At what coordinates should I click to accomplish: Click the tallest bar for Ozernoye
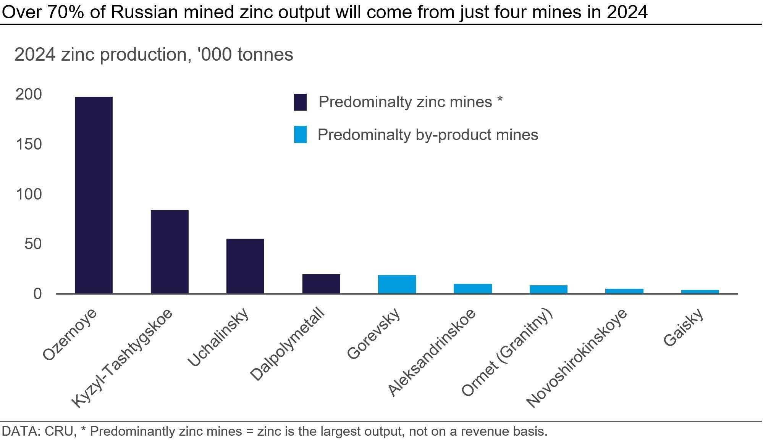point(94,195)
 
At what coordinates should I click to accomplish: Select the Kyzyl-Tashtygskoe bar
point(170,252)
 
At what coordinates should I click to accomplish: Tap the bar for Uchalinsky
point(245,266)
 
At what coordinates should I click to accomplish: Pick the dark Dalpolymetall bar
point(321,284)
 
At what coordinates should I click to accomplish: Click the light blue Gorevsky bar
point(397,284)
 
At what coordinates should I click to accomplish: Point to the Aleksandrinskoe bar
point(473,289)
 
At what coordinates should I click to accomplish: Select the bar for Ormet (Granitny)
point(548,290)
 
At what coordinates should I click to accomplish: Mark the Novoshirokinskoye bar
point(624,291)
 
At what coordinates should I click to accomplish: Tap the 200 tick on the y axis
point(29,95)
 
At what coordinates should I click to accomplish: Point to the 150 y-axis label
point(29,145)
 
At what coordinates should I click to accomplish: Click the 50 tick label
point(33,244)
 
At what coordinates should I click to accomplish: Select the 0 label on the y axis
point(37,294)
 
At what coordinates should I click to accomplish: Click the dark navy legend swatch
point(300,102)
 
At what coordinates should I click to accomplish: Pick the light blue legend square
point(300,135)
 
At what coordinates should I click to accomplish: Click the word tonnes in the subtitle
point(265,55)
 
